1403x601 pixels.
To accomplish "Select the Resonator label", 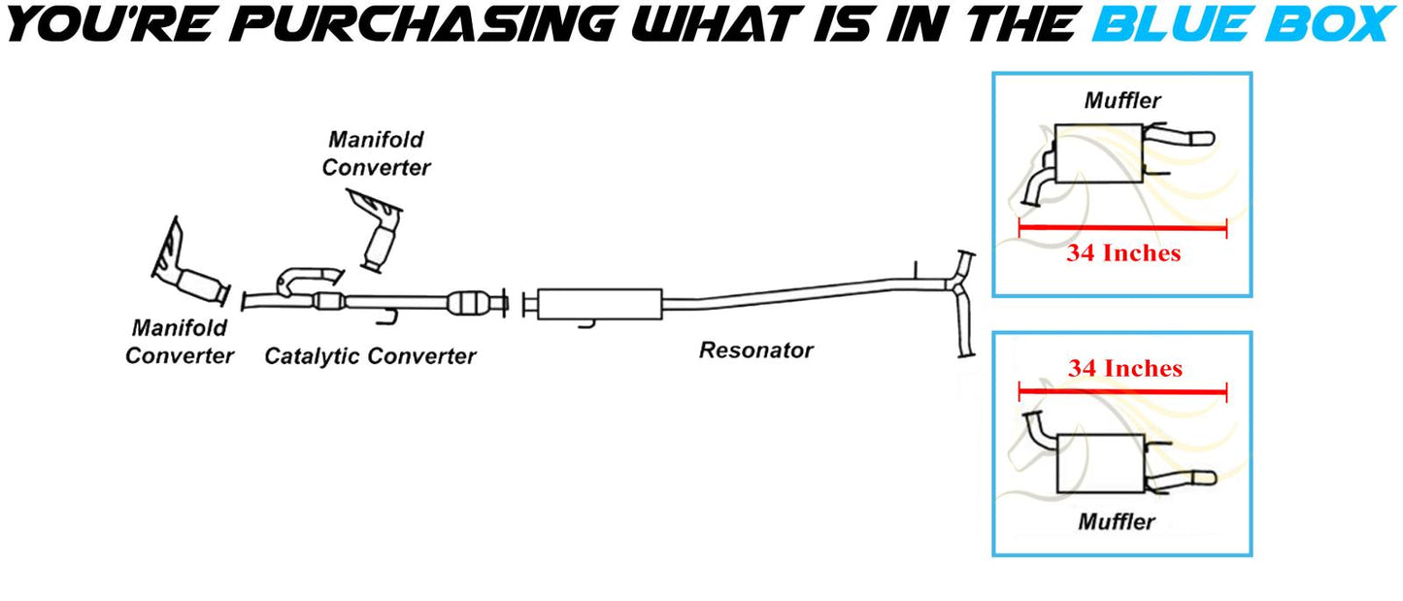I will pos(755,350).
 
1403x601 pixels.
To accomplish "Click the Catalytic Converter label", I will pos(370,356).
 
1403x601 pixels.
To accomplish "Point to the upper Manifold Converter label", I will pos(376,153).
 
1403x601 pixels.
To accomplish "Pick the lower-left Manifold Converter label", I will pos(180,342).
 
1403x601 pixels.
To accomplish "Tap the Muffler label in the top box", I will pos(1122,99).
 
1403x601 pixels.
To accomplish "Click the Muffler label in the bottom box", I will pos(1117,521).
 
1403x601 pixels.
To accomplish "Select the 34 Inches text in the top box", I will pos(1123,253).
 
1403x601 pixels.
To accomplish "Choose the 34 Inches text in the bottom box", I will pos(1124,369).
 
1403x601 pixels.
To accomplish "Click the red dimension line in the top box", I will pos(1122,229).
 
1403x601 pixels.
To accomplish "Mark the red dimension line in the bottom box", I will pos(1122,392).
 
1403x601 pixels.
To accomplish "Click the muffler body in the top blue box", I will pos(1096,153).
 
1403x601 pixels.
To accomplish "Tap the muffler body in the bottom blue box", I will pos(1098,461).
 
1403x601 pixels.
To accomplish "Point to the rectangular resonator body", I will pos(598,302).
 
